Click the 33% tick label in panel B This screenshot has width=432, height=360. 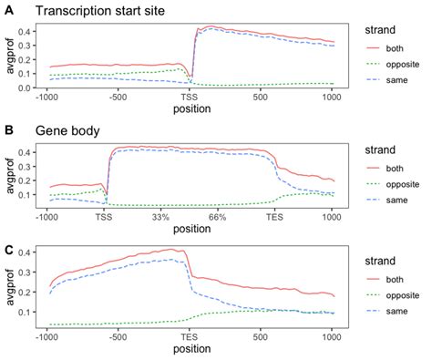coord(161,219)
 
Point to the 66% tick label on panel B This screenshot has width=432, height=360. coord(217,219)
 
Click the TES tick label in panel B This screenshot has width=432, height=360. coord(274,219)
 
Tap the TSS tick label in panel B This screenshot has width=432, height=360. coord(104,219)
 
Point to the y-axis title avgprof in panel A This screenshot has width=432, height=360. coord(10,57)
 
